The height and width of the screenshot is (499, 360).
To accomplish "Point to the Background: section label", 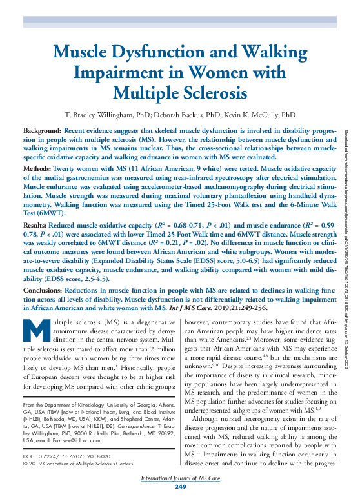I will [42, 130].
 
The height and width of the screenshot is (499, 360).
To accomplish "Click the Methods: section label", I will [38, 167].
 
